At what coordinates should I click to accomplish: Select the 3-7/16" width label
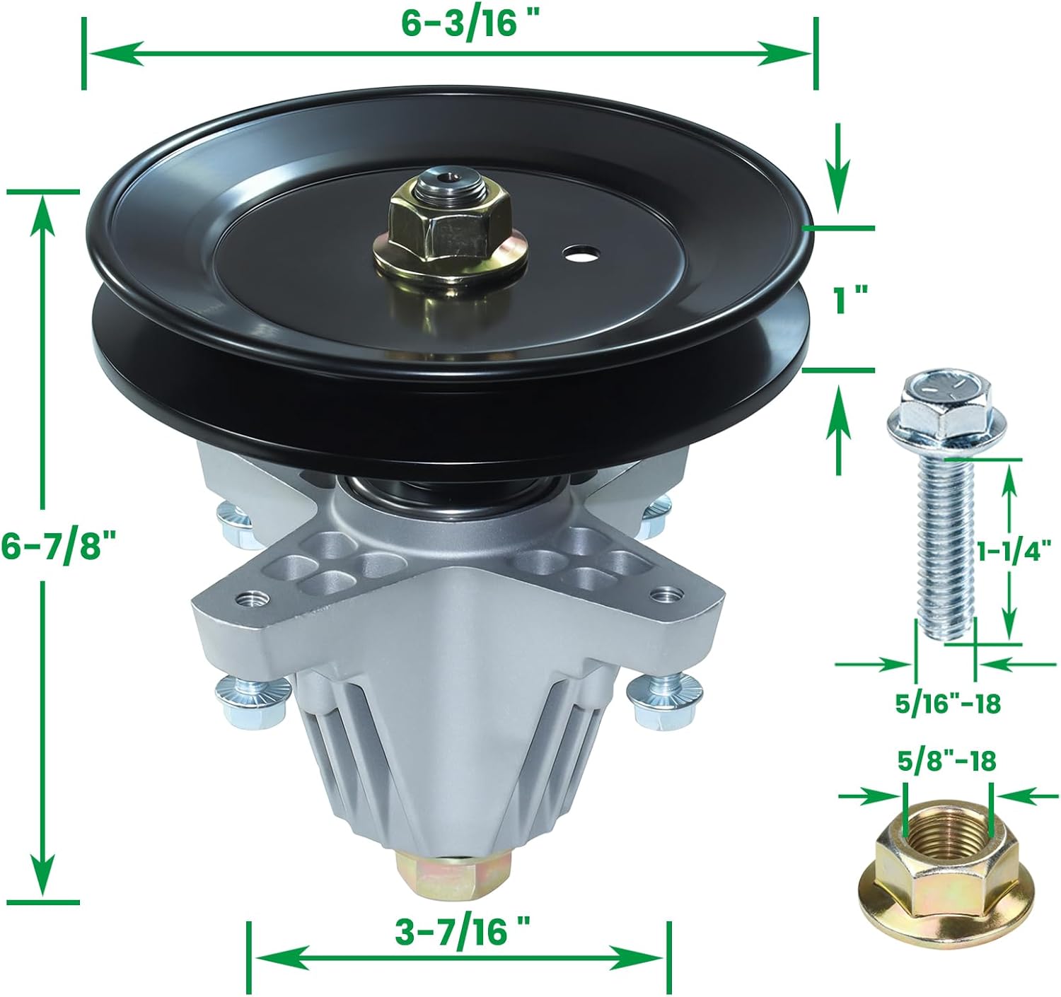coord(463,932)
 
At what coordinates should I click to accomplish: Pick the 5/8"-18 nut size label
coord(946,762)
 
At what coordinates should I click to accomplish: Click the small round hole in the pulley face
coord(582,252)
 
